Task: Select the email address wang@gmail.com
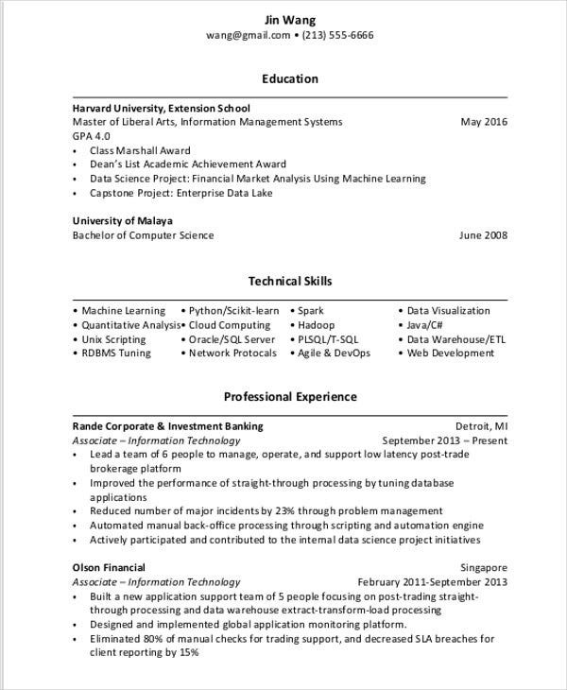point(248,35)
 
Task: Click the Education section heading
point(290,78)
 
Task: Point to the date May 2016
point(484,122)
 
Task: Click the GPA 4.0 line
point(92,136)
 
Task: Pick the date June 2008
point(483,235)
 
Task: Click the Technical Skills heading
point(290,281)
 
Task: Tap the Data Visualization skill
point(448,310)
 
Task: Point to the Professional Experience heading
point(290,396)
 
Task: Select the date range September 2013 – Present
point(444,440)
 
